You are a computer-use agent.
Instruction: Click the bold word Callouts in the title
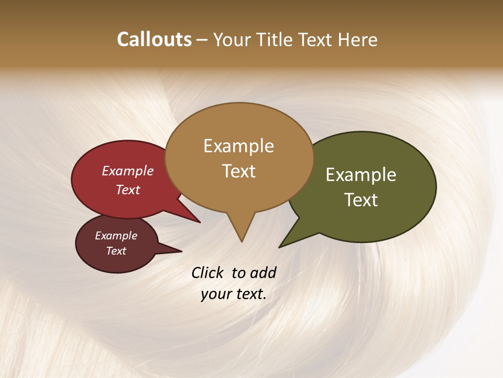pos(154,39)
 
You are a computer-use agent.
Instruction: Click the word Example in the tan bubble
pos(238,146)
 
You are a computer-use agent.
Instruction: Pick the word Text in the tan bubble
pos(239,171)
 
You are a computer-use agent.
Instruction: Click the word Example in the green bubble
pos(361,175)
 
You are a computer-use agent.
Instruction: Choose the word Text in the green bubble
pos(361,200)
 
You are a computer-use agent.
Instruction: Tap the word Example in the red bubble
pos(128,171)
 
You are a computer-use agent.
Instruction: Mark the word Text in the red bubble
pos(128,190)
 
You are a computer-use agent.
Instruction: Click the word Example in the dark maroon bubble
pos(116,236)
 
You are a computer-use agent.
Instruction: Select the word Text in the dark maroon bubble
pos(116,251)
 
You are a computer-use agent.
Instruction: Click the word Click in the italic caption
pos(207,272)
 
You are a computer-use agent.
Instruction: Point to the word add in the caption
pos(263,272)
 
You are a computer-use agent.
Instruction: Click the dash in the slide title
pos(202,40)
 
